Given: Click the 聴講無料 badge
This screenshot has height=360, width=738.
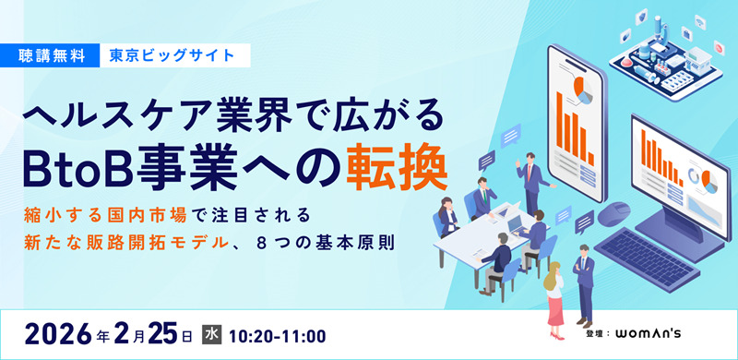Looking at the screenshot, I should (x=56, y=54).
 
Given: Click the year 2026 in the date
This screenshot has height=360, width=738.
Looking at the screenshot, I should (x=58, y=331).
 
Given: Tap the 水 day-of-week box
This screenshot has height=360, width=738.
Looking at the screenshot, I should (x=211, y=331).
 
